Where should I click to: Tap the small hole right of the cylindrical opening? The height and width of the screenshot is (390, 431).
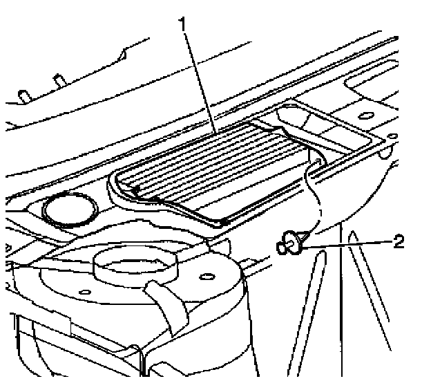[205, 277]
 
